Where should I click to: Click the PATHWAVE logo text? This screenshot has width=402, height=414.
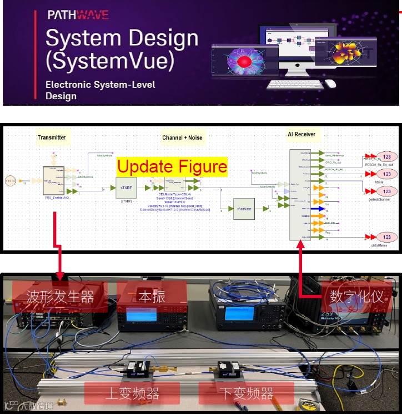pyautogui.click(x=78, y=14)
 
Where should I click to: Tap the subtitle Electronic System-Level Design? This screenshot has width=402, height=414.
pyautogui.click(x=100, y=90)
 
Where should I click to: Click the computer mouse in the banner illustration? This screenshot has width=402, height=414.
pyautogui.click(x=330, y=84)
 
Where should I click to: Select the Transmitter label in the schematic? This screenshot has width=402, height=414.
pyautogui.click(x=51, y=137)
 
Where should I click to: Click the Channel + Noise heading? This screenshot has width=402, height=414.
pyautogui.click(x=183, y=137)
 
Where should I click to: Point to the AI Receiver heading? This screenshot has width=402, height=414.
pyautogui.click(x=301, y=135)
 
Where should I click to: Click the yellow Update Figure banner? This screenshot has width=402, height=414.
pyautogui.click(x=172, y=166)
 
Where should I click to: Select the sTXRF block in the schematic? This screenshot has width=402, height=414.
pyautogui.click(x=125, y=188)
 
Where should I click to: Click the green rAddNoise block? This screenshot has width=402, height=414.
pyautogui.click(x=244, y=208)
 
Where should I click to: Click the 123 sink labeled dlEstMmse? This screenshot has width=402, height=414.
pyautogui.click(x=387, y=237)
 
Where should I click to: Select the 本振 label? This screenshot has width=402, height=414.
pyautogui.click(x=152, y=296)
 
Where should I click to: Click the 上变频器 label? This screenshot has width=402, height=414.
pyautogui.click(x=132, y=393)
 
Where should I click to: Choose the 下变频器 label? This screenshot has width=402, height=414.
pyautogui.click(x=247, y=393)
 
